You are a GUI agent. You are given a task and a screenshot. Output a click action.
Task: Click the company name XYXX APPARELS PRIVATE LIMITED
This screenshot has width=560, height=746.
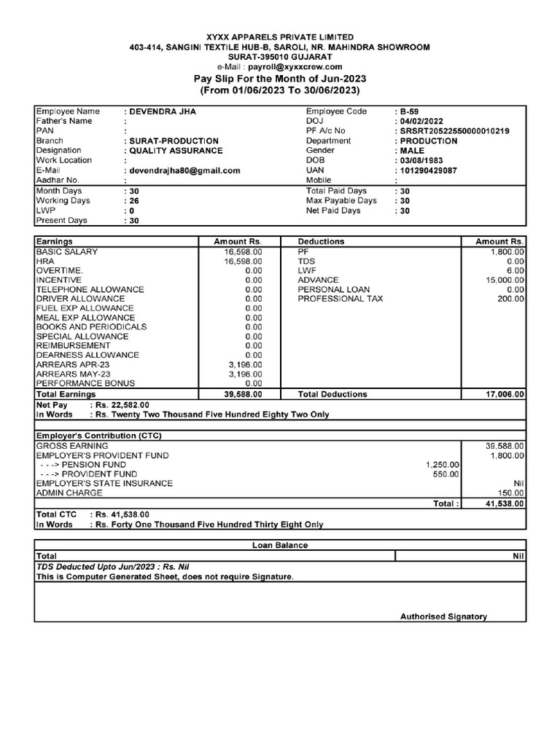pyautogui.click(x=280, y=36)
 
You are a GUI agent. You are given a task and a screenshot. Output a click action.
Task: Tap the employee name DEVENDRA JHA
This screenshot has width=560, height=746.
pyautogui.click(x=163, y=111)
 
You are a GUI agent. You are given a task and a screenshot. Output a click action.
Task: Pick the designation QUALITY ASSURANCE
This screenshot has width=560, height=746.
pyautogui.click(x=176, y=151)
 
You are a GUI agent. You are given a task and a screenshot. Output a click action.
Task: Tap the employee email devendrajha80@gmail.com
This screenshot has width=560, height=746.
pyautogui.click(x=184, y=170)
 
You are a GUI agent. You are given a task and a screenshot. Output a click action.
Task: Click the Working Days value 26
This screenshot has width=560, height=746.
pyautogui.click(x=134, y=200)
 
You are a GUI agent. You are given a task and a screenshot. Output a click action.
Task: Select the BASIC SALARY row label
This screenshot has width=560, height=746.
pyautogui.click(x=67, y=251)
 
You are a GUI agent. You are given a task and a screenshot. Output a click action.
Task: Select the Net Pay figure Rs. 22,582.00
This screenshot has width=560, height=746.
pyautogui.click(x=120, y=404)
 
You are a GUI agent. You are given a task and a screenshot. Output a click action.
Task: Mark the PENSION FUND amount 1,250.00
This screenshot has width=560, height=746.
pyautogui.click(x=443, y=465)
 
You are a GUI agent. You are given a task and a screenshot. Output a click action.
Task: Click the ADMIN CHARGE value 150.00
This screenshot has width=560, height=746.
pyautogui.click(x=510, y=493)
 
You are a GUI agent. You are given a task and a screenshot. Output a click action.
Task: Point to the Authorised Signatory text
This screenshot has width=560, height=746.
pyautogui.click(x=443, y=616)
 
